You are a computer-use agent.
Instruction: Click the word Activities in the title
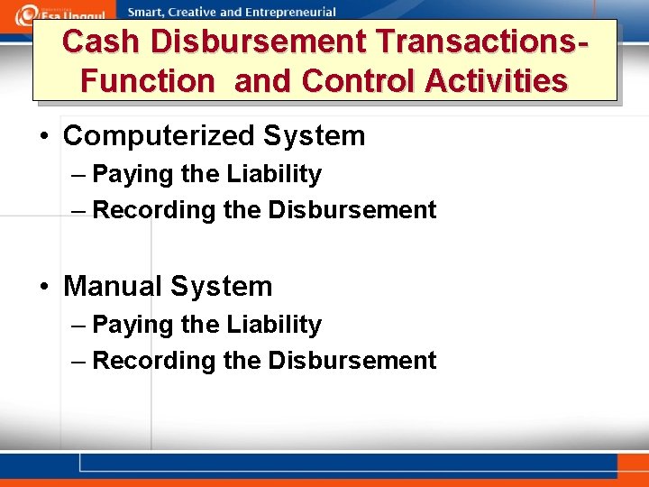coord(497,81)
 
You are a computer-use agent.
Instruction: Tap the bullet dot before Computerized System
coord(43,137)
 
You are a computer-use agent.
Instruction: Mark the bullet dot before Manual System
coord(43,288)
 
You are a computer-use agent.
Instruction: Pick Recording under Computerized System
coord(138,211)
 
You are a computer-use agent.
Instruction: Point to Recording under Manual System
coord(138,362)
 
